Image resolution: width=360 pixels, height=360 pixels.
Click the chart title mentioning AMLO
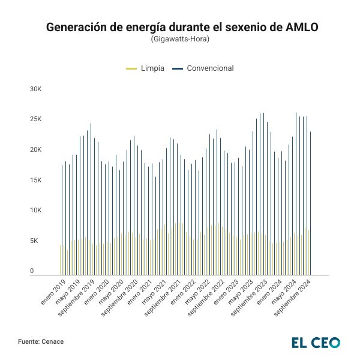click(x=180, y=27)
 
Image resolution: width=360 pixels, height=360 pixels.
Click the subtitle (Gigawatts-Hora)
click(x=180, y=39)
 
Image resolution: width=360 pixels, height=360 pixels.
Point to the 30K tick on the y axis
click(x=36, y=89)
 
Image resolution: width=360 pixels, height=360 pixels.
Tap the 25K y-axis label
click(x=36, y=119)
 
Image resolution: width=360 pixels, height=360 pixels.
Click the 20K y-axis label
click(x=36, y=150)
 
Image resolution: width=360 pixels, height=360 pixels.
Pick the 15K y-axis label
click(x=36, y=181)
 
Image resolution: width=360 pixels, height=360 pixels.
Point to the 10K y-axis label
click(x=36, y=211)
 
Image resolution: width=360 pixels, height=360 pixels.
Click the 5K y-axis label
click(x=36, y=241)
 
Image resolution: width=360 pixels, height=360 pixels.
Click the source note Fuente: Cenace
click(x=41, y=341)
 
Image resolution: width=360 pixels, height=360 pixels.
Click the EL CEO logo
click(x=316, y=342)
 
